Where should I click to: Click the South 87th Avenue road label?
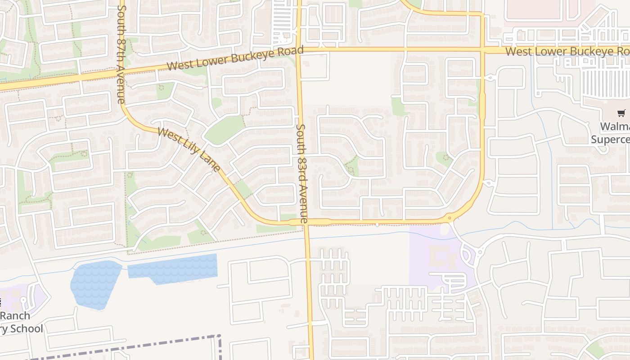pos(121,54)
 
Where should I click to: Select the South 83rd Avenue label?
pos(301,174)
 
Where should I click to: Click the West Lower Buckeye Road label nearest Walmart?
pos(567,51)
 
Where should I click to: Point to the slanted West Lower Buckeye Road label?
pos(235,58)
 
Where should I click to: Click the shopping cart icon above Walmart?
pos(621,113)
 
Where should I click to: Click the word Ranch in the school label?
pos(15,315)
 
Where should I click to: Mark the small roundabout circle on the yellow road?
pos(450,219)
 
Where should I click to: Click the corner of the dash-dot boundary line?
pos(220,336)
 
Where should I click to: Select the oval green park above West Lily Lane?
pos(225,130)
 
